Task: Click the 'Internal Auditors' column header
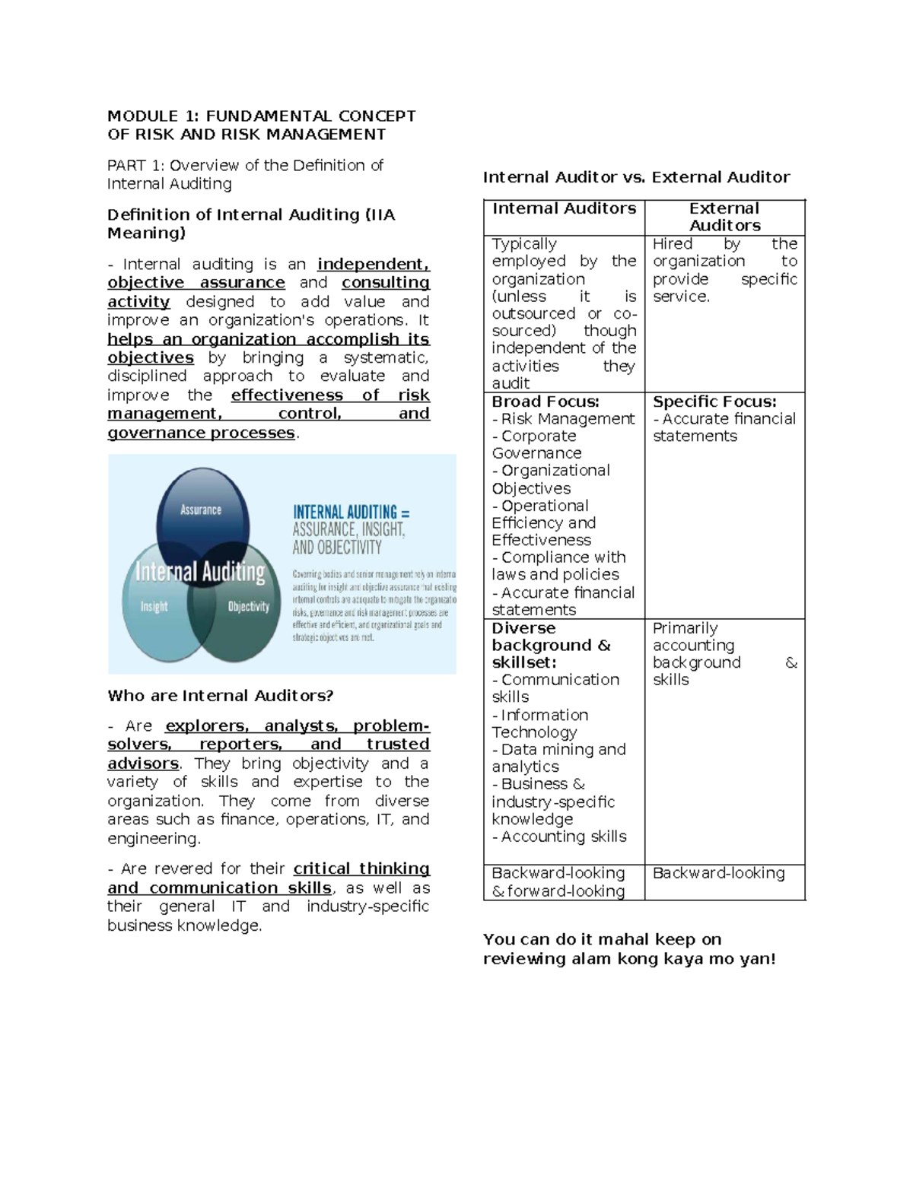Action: click(564, 209)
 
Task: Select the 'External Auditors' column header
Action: click(724, 217)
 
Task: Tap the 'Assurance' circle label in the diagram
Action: click(201, 510)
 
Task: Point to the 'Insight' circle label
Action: click(154, 606)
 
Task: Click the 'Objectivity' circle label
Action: click(249, 606)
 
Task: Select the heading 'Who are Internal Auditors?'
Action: click(221, 696)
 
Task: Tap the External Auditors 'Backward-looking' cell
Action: click(718, 873)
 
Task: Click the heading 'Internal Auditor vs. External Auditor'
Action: click(636, 177)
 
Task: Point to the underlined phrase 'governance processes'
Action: click(201, 433)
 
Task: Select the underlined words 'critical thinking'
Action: click(361, 868)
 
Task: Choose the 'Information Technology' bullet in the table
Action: click(539, 723)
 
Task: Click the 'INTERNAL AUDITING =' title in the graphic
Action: click(351, 512)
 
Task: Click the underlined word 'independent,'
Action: click(373, 264)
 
